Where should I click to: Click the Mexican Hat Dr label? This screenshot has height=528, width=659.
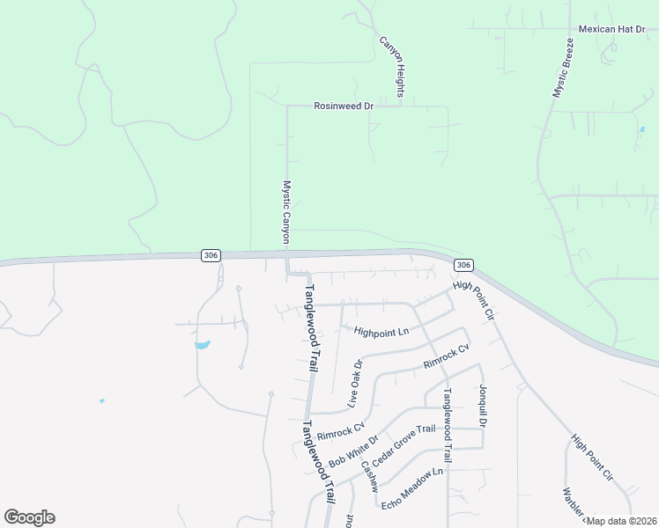click(x=612, y=29)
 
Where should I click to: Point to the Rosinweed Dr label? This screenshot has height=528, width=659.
click(x=344, y=106)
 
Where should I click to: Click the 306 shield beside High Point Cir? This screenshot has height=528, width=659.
click(x=464, y=265)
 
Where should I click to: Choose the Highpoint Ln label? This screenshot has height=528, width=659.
click(x=381, y=332)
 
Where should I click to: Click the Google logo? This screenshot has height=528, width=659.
click(x=29, y=517)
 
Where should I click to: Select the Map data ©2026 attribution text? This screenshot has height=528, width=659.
click(x=621, y=521)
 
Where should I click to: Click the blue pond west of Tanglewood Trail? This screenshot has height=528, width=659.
click(x=202, y=345)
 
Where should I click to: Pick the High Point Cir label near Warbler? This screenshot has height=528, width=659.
click(x=591, y=458)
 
